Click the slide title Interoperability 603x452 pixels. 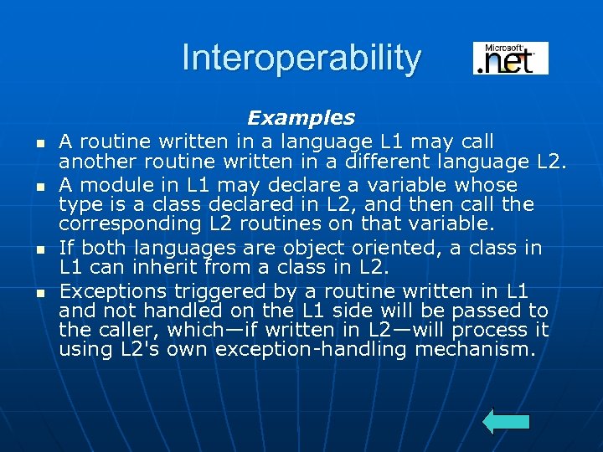[x=301, y=59]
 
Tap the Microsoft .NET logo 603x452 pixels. [x=510, y=59]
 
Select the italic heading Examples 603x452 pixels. [x=301, y=118]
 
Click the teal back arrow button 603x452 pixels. [x=507, y=422]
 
